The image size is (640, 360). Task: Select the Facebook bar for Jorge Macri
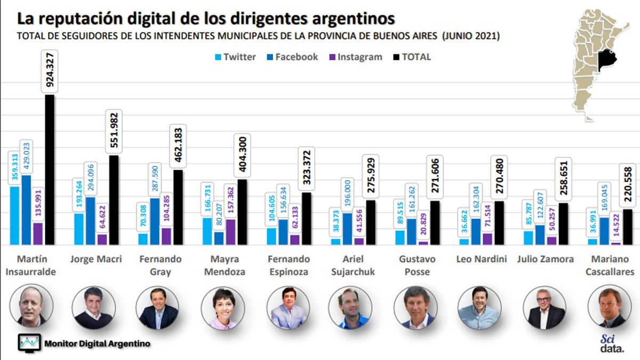[x=91, y=221]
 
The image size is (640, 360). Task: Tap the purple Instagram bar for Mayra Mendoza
[x=230, y=232]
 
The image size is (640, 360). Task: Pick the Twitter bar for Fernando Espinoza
[x=271, y=236]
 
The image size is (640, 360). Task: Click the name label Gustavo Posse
[x=418, y=265]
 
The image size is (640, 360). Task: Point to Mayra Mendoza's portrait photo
[x=223, y=308]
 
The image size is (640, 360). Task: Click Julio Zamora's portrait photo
[x=545, y=308]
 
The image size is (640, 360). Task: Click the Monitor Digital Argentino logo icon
[x=29, y=343]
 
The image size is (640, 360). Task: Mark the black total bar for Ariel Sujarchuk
[x=371, y=222]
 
